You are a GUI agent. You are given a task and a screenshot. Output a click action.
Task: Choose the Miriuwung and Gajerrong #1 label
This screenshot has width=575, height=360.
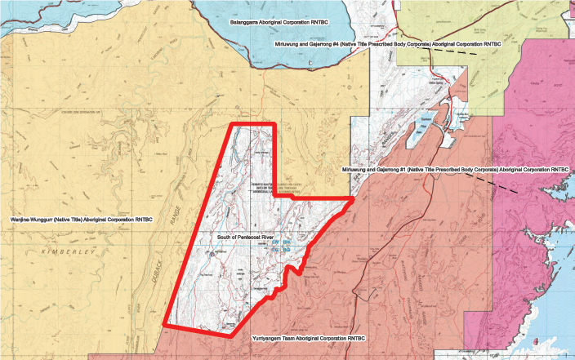pos(452,169)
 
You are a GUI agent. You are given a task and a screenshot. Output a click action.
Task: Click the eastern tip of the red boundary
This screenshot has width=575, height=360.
pos(353,198)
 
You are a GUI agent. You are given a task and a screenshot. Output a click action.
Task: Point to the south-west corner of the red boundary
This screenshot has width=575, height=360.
pos(166,324)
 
